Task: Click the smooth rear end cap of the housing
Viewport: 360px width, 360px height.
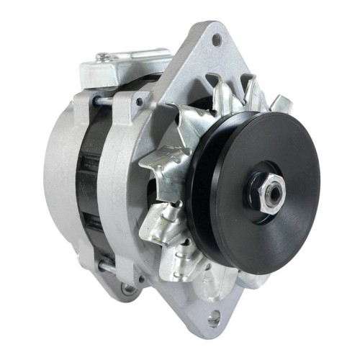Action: coord(54,184)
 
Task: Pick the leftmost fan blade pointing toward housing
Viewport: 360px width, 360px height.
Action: coord(155,162)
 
